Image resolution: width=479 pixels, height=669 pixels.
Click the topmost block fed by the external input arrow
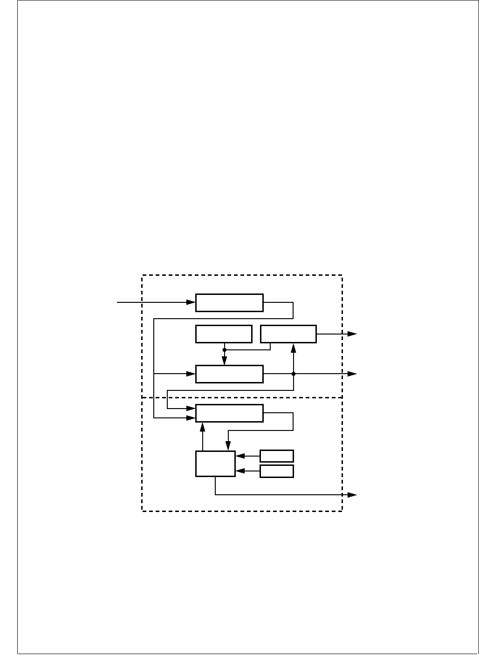tap(229, 302)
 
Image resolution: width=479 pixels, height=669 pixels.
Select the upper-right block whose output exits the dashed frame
tap(288, 334)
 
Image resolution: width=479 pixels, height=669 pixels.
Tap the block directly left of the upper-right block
tap(224, 334)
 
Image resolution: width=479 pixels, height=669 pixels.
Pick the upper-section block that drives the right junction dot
tap(229, 374)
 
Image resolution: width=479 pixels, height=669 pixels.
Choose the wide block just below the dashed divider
tap(229, 413)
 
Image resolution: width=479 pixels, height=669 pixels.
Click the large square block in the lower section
tap(215, 464)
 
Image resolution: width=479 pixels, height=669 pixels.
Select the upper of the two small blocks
tap(277, 456)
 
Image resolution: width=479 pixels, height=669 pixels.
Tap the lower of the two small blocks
tap(277, 471)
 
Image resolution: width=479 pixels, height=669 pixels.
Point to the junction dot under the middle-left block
tap(224, 349)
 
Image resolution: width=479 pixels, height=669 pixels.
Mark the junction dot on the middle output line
tap(294, 374)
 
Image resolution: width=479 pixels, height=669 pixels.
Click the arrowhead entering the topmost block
tap(191, 302)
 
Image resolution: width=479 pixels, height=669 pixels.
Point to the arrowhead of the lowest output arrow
tap(353, 495)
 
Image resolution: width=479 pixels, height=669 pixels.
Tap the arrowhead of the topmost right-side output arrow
tap(353, 334)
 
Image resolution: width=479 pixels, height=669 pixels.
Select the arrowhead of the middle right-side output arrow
tap(353, 374)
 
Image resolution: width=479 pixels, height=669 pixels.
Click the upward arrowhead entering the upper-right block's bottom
tap(294, 347)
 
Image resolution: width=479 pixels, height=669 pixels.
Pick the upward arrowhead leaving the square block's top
tap(203, 426)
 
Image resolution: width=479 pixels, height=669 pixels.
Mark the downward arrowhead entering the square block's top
tap(228, 447)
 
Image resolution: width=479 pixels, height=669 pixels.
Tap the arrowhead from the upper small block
tap(240, 456)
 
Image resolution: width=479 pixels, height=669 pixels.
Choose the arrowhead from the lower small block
tap(240, 471)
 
